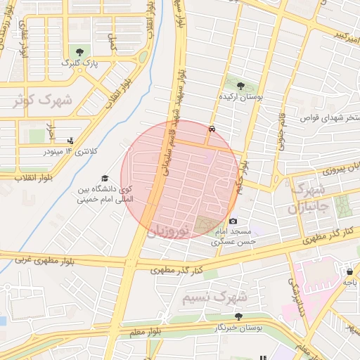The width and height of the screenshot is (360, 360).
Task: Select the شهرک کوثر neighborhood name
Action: click(x=41, y=100)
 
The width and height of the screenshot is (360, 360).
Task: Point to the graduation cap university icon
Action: click(x=105, y=179)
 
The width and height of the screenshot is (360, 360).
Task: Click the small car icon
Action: click(x=212, y=129)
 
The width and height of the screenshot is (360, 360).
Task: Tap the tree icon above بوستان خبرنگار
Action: click(x=238, y=316)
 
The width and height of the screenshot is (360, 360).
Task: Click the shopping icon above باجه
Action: click(x=349, y=271)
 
